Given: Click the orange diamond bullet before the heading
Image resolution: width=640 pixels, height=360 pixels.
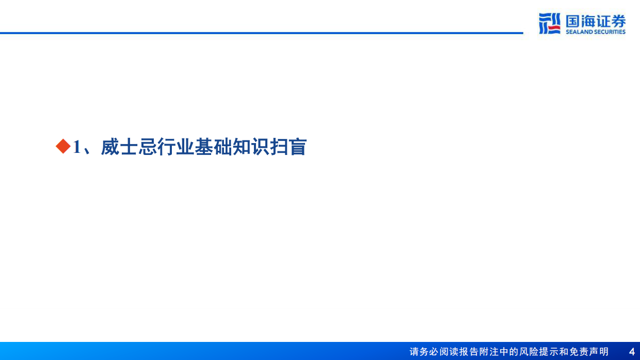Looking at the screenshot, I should pyautogui.click(x=62, y=147).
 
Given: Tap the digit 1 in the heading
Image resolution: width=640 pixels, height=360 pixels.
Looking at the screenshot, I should pyautogui.click(x=76, y=147).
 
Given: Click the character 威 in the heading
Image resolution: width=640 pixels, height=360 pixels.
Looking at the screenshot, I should pyautogui.click(x=110, y=147).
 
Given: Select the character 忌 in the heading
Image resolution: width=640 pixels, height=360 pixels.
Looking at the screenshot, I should pyautogui.click(x=148, y=147).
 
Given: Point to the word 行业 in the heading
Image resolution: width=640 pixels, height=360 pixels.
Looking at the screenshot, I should pyautogui.click(x=176, y=147).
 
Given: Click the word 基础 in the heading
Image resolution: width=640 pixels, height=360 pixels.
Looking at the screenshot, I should pyautogui.click(x=214, y=147).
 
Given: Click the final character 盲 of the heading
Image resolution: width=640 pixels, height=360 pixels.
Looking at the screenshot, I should pyautogui.click(x=298, y=147).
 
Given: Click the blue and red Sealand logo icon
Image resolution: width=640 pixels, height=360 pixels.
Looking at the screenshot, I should pyautogui.click(x=550, y=23).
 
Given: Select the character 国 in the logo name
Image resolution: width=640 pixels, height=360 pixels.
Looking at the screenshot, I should pyautogui.click(x=573, y=21).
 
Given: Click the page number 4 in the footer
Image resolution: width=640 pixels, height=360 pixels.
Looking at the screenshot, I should pyautogui.click(x=632, y=352).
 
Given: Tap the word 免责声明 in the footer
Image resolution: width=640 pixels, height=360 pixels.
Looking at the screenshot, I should pyautogui.click(x=589, y=352).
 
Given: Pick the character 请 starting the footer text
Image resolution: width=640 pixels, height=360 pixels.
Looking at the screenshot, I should pyautogui.click(x=414, y=352).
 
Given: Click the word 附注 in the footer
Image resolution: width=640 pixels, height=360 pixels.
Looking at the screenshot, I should pyautogui.click(x=484, y=352).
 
